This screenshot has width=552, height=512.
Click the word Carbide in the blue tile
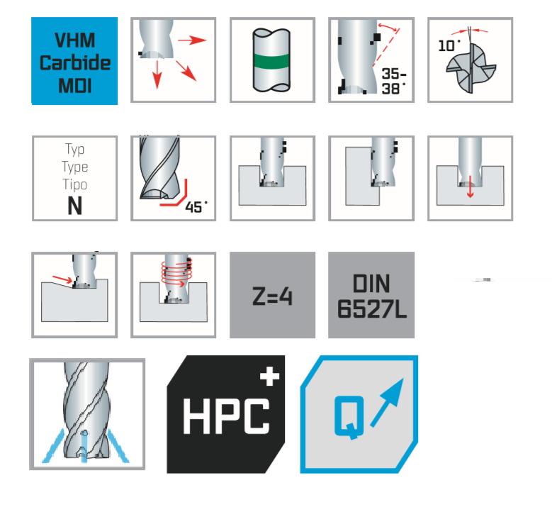pyautogui.click(x=75, y=63)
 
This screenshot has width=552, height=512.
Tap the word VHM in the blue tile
pyautogui.click(x=75, y=40)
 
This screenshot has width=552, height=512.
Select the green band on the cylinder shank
pyautogui.click(x=272, y=62)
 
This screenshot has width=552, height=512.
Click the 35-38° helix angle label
pyautogui.click(x=394, y=82)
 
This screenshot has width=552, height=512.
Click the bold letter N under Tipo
pyautogui.click(x=74, y=206)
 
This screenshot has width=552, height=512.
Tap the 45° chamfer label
pyautogui.click(x=196, y=207)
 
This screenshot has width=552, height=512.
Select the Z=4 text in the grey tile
pyautogui.click(x=272, y=296)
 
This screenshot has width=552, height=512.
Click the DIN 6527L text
pyautogui.click(x=372, y=296)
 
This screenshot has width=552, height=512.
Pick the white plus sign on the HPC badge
pyautogui.click(x=270, y=376)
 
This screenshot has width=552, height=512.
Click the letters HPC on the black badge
pyautogui.click(x=226, y=416)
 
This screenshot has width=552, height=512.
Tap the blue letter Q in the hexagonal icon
pyautogui.click(x=349, y=417)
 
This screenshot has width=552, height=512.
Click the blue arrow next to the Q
pyautogui.click(x=386, y=403)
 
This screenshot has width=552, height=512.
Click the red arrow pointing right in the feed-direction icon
pyautogui.click(x=192, y=40)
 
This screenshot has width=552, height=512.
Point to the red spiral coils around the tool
pyautogui.click(x=177, y=274)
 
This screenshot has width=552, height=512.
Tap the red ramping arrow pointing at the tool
pyautogui.click(x=62, y=279)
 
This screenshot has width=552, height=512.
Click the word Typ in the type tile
pyautogui.click(x=74, y=150)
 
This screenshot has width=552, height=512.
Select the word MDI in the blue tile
pyautogui.click(x=75, y=86)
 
